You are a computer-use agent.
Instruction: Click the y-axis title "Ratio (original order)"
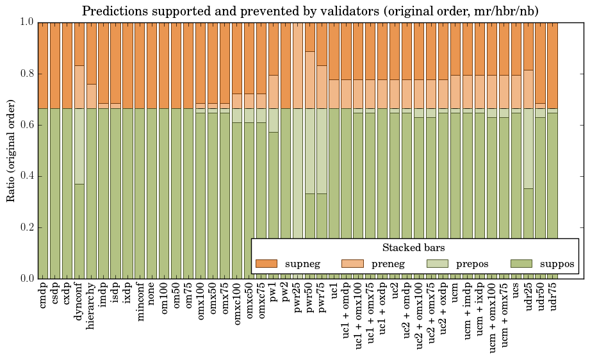[x=11, y=150]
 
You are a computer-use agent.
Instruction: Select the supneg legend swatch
[x=266, y=263]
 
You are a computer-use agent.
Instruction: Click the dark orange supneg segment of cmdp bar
[x=43, y=65]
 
